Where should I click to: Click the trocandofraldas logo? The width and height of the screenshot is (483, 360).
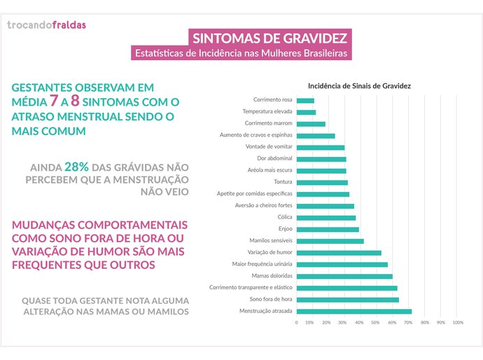[x=46, y=25]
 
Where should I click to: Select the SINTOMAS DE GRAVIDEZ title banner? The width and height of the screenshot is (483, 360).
[x=270, y=37]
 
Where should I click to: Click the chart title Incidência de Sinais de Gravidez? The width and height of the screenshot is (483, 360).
[x=359, y=85]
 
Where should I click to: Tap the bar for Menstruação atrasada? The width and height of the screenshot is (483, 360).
[x=354, y=311]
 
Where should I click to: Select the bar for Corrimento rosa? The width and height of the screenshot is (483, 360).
[x=305, y=100]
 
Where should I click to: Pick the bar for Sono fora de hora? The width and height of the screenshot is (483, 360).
[x=348, y=299]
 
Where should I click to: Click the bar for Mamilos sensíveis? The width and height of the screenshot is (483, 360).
[x=330, y=241]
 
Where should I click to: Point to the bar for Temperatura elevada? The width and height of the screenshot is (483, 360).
[x=306, y=112]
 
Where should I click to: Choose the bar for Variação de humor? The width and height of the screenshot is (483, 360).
[x=339, y=253]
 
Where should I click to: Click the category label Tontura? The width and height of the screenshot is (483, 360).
[x=282, y=182]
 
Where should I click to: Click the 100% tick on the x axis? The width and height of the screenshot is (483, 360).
[x=458, y=322]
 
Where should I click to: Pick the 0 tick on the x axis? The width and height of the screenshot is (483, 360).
[x=297, y=322]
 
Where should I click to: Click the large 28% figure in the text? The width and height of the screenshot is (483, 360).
[x=76, y=167]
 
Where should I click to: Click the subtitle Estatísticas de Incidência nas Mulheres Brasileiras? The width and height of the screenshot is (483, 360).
[x=241, y=53]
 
